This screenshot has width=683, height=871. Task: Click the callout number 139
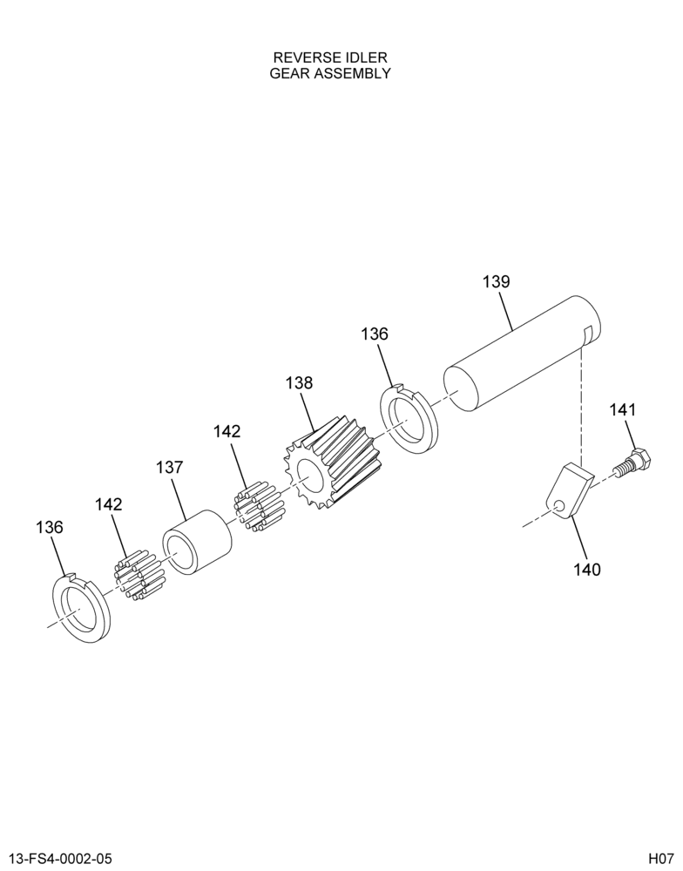(496, 281)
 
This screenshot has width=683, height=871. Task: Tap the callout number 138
(299, 382)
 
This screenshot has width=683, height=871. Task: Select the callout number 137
(169, 467)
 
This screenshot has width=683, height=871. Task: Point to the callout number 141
(622, 410)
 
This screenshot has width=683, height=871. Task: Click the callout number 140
(587, 570)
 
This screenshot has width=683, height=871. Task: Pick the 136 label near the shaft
(375, 334)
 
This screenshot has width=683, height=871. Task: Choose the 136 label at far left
(50, 527)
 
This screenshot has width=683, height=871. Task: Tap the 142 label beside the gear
(227, 431)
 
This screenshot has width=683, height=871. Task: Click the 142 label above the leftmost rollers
(108, 504)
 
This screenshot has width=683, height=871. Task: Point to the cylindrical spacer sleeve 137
(197, 542)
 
